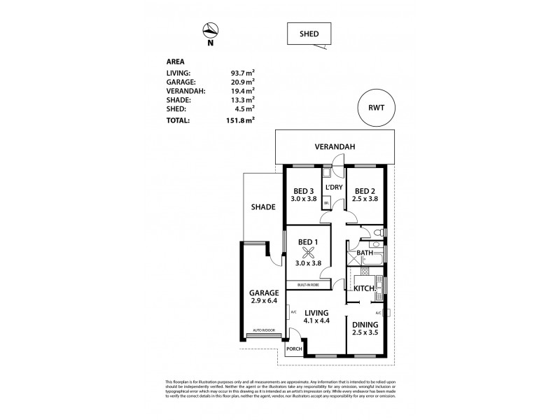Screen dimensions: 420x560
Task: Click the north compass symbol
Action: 209,30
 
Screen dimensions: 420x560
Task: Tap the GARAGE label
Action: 263,293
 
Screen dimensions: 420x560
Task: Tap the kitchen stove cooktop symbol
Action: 379,284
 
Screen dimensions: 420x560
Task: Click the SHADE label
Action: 263,207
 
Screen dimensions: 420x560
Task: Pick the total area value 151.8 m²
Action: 239,120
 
